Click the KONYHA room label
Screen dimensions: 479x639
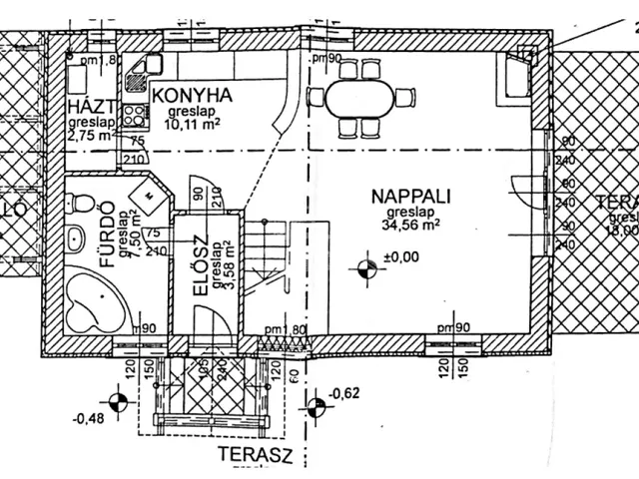click(192, 96)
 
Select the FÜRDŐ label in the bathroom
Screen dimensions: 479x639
click(104, 239)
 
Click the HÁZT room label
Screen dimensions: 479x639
click(89, 108)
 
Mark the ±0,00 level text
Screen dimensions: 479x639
click(399, 258)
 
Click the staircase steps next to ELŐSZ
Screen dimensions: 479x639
click(266, 254)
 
